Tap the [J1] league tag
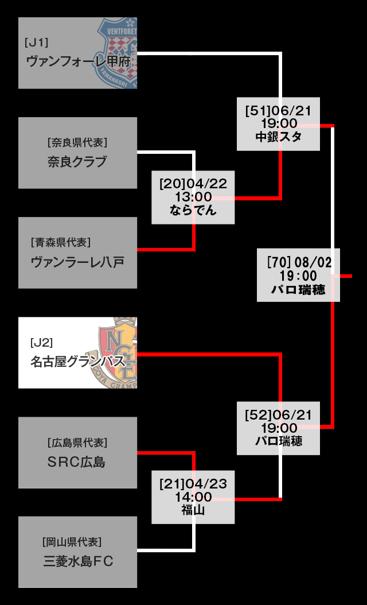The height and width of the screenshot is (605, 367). pyautogui.click(x=37, y=42)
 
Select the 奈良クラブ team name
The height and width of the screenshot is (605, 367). pyautogui.click(x=77, y=161)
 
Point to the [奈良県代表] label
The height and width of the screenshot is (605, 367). pyautogui.click(x=77, y=142)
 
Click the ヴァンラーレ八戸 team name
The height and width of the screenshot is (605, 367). pyautogui.click(x=77, y=262)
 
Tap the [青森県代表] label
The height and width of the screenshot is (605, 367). pyautogui.click(x=61, y=242)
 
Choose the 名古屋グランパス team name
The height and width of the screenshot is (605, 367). pyautogui.click(x=77, y=362)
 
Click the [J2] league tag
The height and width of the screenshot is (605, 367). pyautogui.click(x=41, y=343)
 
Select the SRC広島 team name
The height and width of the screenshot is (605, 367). pyautogui.click(x=77, y=462)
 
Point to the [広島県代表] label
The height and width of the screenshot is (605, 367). pyautogui.click(x=77, y=443)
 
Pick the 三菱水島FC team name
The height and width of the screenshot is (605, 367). pyautogui.click(x=78, y=561)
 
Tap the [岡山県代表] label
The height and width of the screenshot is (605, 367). pyautogui.click(x=72, y=542)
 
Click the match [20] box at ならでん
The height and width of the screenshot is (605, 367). pyautogui.click(x=193, y=197)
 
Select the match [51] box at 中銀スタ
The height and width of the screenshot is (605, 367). pyautogui.click(x=278, y=124)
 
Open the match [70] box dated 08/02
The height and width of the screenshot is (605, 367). pyautogui.click(x=298, y=275)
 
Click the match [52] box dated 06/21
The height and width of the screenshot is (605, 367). pyautogui.click(x=278, y=428)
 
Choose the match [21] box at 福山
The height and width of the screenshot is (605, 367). pyautogui.click(x=193, y=497)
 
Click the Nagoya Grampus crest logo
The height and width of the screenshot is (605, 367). pyautogui.click(x=118, y=351)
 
